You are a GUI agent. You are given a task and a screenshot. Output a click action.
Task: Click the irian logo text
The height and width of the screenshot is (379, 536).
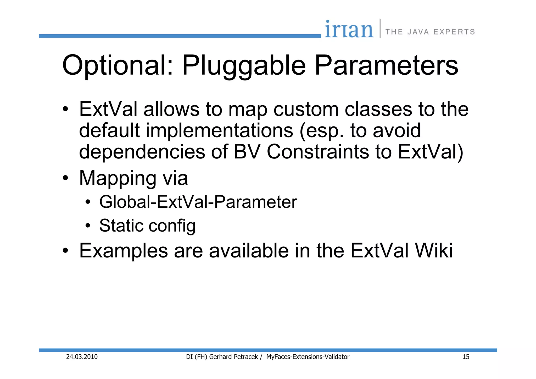(x=349, y=30)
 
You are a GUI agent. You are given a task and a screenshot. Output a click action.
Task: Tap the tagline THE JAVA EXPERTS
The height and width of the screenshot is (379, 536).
(x=430, y=32)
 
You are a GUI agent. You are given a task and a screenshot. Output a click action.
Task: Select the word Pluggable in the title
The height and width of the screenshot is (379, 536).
(x=244, y=65)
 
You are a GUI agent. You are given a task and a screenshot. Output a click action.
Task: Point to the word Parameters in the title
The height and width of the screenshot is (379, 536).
(x=386, y=65)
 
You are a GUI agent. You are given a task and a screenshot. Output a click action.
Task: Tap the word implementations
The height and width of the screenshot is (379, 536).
(x=219, y=131)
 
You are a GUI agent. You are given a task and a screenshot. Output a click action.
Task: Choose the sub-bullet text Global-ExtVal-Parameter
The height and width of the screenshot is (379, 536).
(x=198, y=202)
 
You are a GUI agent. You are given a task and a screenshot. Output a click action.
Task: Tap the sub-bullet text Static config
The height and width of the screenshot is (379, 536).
(x=147, y=226)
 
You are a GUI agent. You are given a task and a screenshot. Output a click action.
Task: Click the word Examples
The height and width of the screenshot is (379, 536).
(x=123, y=251)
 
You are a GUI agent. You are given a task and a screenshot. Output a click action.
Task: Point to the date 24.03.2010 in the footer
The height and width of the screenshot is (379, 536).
(x=82, y=357)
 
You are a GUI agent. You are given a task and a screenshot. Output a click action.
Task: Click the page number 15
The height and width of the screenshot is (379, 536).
(x=466, y=357)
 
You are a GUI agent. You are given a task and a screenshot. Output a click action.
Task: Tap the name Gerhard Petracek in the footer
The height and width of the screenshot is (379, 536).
(x=233, y=357)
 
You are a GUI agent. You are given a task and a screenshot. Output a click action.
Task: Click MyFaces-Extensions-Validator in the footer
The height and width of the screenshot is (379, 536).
(x=308, y=357)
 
